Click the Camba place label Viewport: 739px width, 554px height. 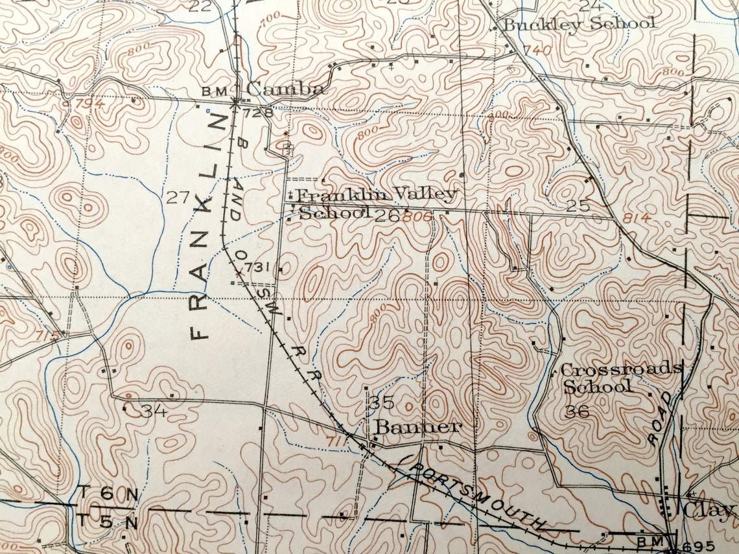[285, 89]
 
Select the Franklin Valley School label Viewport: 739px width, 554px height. [376, 203]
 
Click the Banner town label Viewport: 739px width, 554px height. [418, 427]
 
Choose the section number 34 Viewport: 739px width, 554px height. [154, 411]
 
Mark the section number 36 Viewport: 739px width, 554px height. [577, 411]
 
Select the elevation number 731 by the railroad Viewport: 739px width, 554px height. [257, 268]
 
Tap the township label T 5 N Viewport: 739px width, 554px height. [108, 520]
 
